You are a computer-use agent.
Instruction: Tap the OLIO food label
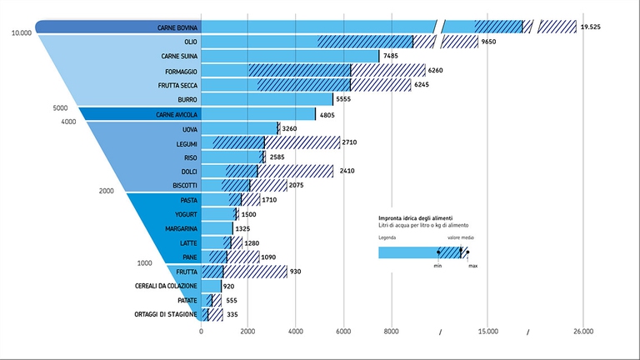(190, 42)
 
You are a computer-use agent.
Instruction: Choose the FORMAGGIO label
(181, 71)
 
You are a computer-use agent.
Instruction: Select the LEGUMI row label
(186, 143)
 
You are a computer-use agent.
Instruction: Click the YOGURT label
(185, 214)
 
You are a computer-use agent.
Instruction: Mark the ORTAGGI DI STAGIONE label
(165, 314)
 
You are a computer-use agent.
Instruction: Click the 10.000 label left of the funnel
(22, 33)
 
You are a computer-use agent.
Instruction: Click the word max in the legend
(472, 266)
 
